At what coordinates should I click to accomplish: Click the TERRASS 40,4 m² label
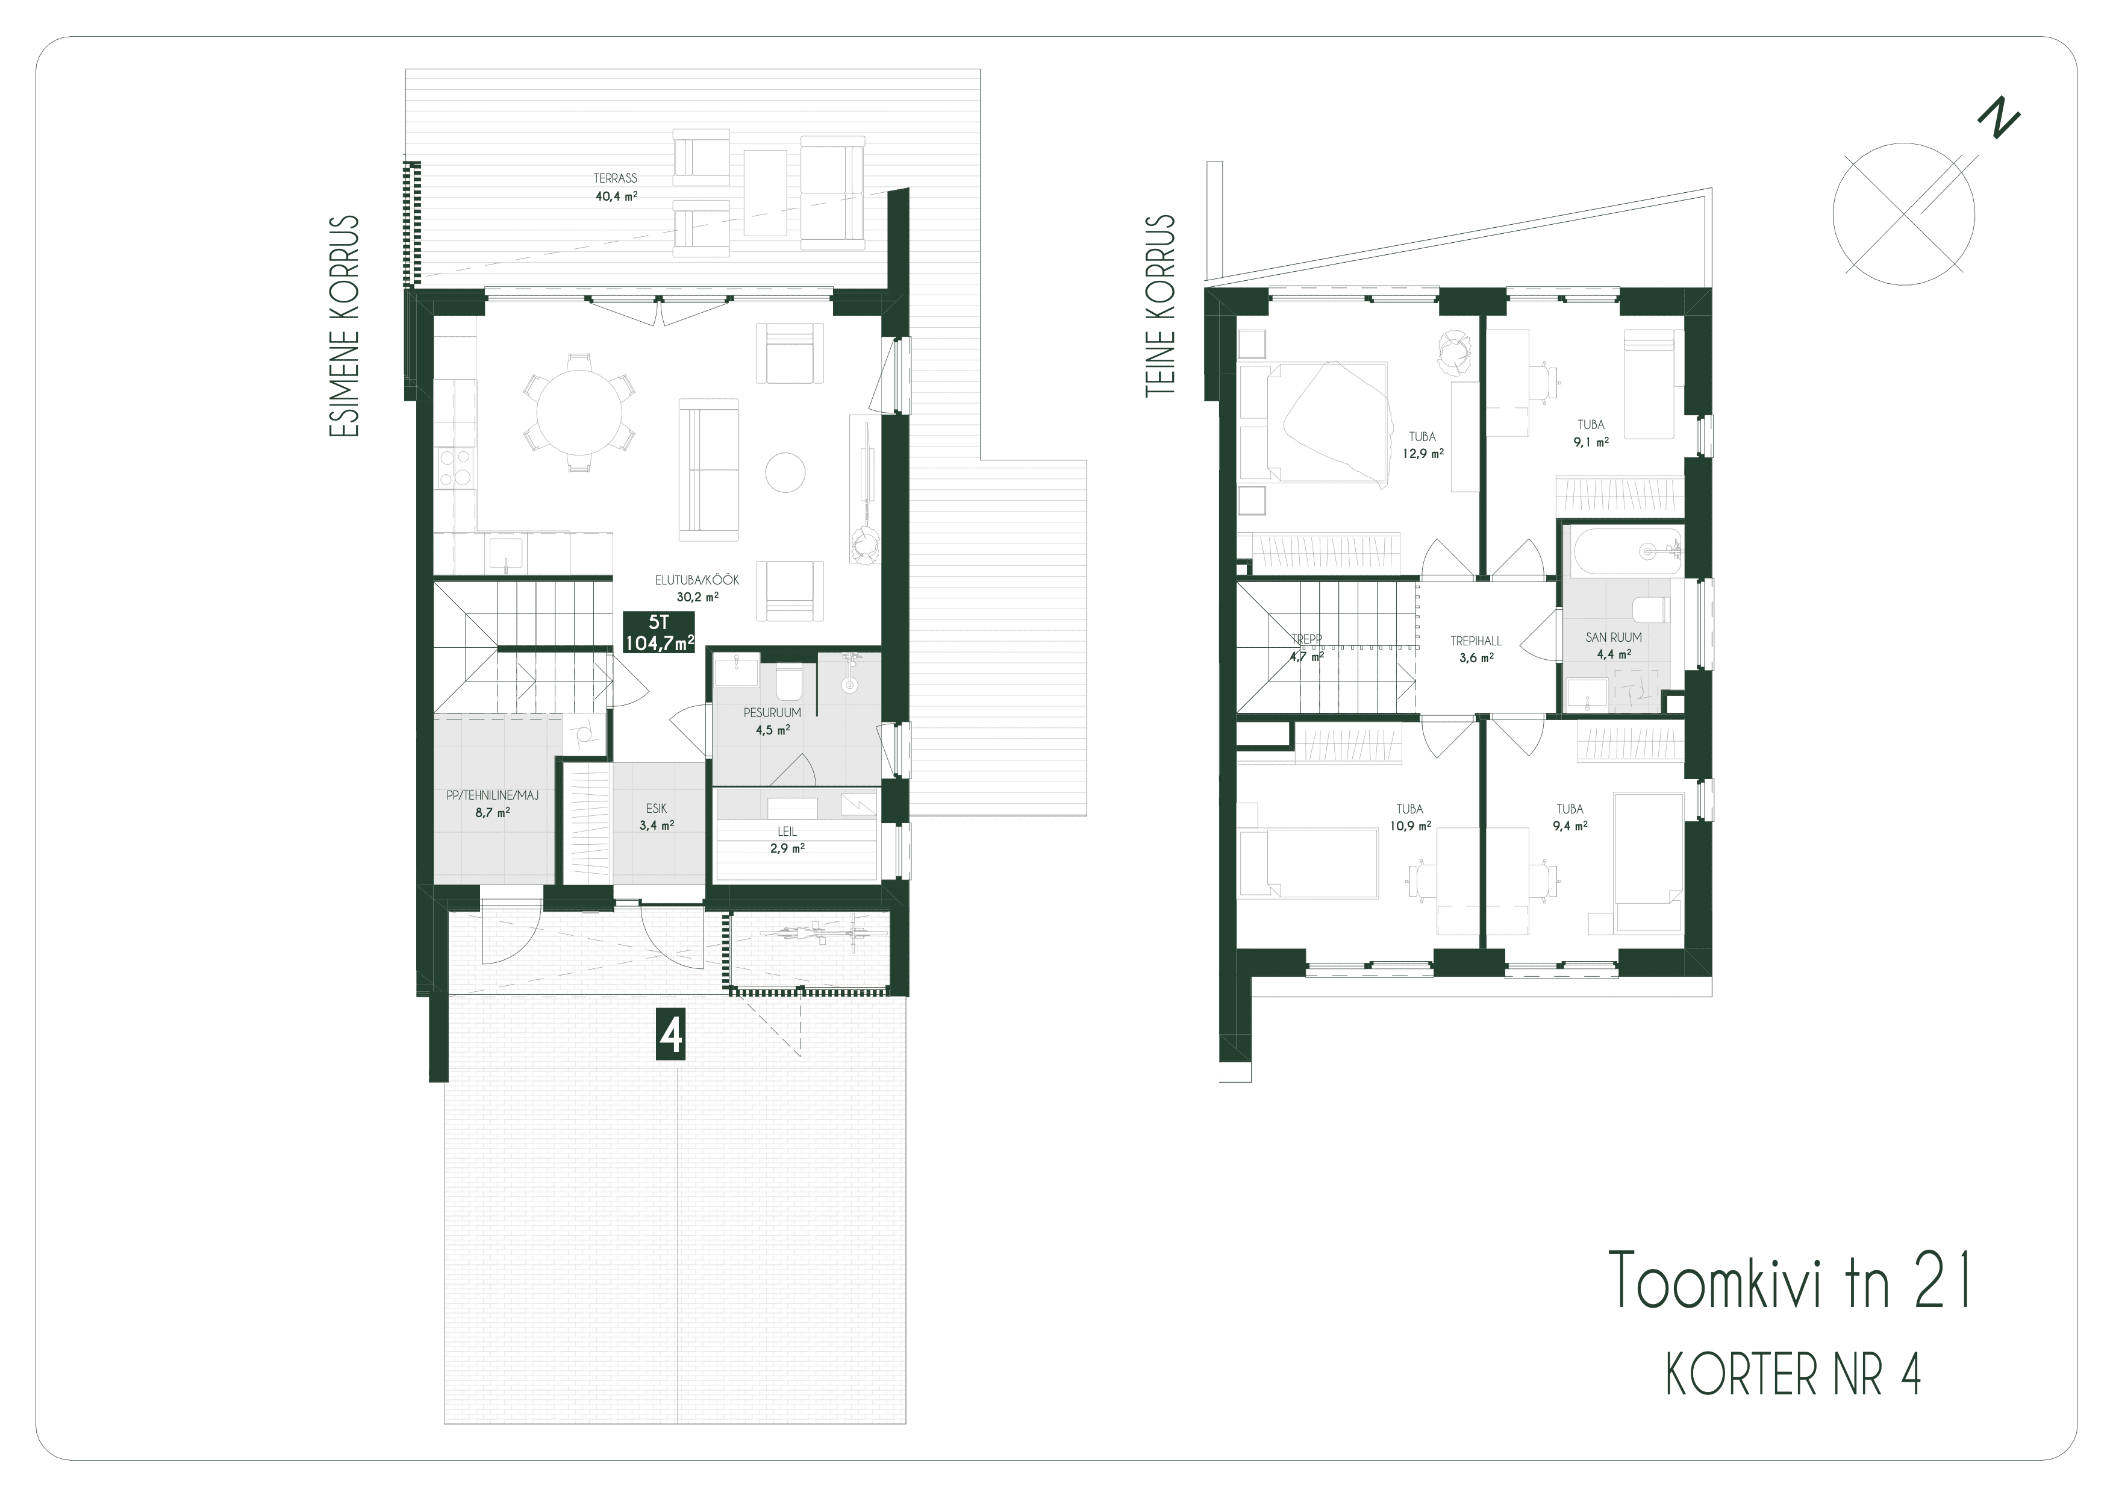616,187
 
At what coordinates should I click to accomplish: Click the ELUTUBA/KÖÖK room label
697,581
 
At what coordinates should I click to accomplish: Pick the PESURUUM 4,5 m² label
772,721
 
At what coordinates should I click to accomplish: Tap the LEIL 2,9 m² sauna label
787,839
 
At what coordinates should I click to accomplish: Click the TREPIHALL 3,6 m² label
1476,649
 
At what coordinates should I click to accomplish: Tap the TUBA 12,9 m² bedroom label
1423,445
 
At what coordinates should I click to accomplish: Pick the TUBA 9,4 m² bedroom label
1570,818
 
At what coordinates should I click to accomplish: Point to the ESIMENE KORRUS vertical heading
344,326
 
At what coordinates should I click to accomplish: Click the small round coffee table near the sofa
785,473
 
